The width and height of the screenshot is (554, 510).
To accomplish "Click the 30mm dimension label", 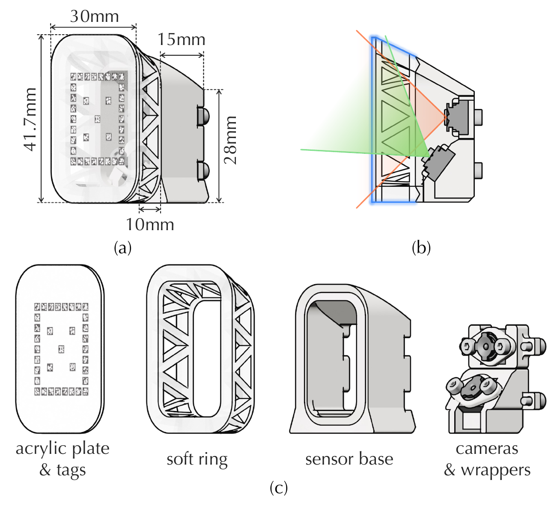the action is [94, 16].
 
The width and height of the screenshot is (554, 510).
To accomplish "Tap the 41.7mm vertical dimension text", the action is [30, 119].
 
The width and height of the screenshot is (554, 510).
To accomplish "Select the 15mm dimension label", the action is [182, 39].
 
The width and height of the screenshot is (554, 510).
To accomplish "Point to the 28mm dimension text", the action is [230, 140].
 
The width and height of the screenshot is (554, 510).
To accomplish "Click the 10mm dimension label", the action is [150, 224].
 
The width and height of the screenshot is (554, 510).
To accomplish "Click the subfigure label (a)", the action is [123, 248].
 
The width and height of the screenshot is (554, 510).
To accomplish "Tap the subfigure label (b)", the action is [420, 248].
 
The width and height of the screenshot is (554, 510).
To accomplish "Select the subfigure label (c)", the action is [279, 488].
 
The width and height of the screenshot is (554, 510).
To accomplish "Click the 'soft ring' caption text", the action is [197, 459].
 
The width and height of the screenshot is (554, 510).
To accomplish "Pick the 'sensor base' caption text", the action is [349, 459].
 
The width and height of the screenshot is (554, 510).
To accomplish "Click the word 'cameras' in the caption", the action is [487, 449].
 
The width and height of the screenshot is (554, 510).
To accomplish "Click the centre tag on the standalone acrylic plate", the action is [61, 349].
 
